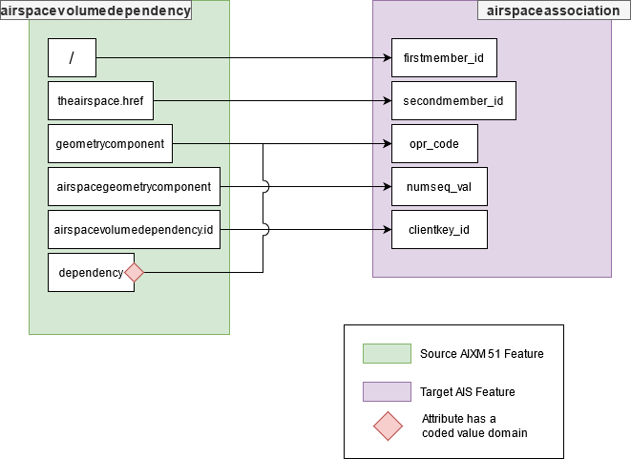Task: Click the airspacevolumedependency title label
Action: tap(95, 10)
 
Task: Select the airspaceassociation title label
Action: tap(543, 10)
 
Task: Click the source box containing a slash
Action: tap(72, 58)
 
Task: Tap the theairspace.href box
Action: tap(100, 100)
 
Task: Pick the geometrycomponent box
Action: tap(110, 144)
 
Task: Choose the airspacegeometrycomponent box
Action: tap(134, 187)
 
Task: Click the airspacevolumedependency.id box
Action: tap(134, 230)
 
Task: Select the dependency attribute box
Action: tap(90, 273)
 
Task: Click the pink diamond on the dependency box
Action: tap(134, 273)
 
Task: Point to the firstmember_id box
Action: tap(444, 58)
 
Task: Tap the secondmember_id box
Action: tap(453, 100)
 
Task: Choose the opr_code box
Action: tap(434, 144)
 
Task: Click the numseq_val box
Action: tap(439, 187)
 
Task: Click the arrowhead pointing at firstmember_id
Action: tap(386, 58)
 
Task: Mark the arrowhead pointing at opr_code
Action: tap(386, 144)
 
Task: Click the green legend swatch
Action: tap(387, 354)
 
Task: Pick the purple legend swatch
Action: tap(387, 392)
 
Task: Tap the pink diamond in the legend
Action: tap(387, 427)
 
